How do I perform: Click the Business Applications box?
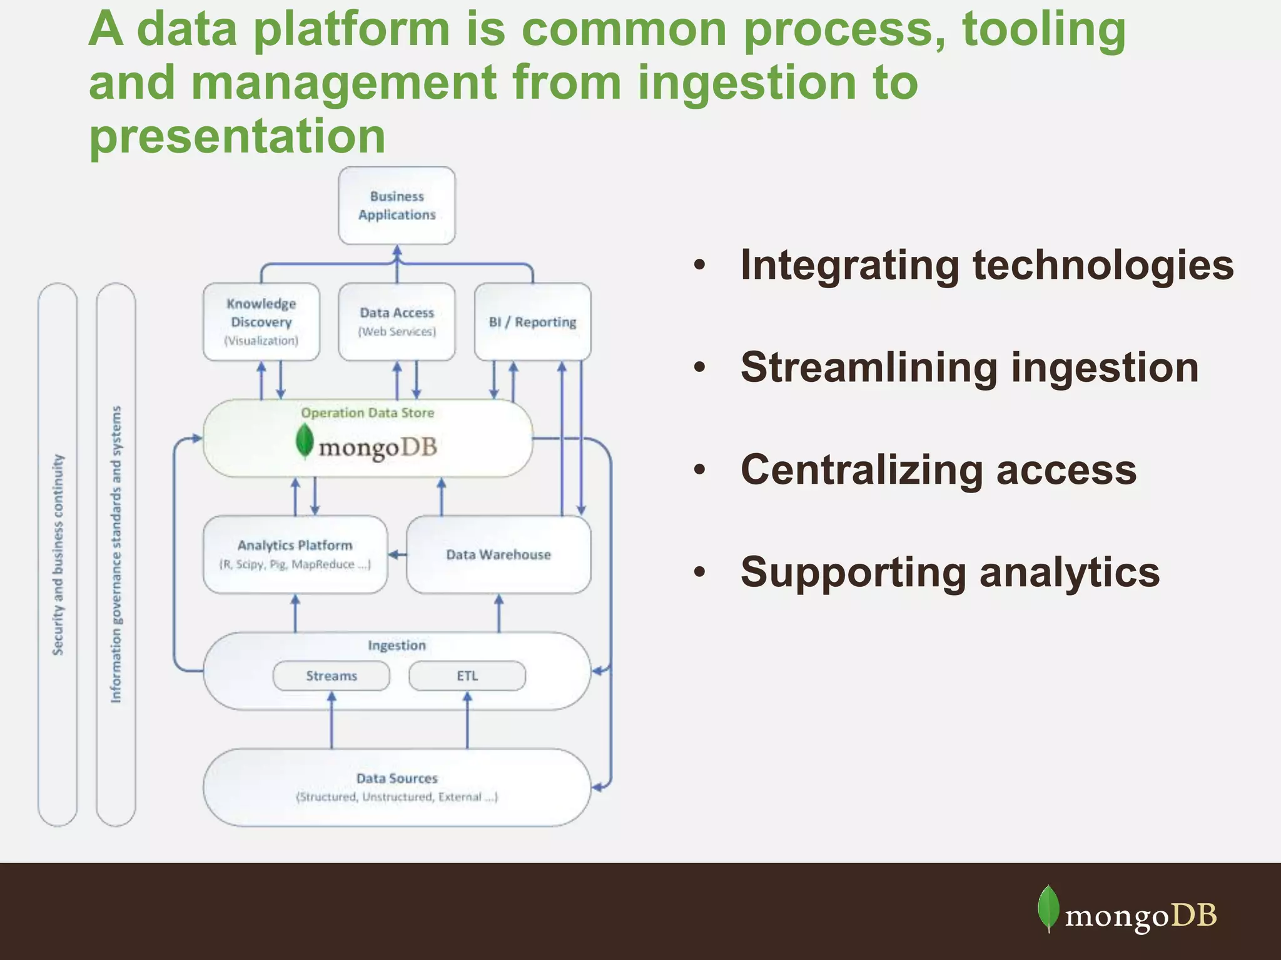(x=397, y=206)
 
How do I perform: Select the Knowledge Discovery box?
(x=261, y=322)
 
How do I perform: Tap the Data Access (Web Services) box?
(x=397, y=322)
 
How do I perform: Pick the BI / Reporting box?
(x=532, y=322)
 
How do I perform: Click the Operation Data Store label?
(x=367, y=413)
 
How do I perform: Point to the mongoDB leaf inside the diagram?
(x=304, y=441)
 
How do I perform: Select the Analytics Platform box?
(x=295, y=554)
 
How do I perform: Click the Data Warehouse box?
(x=499, y=554)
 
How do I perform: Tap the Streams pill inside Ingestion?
(x=331, y=676)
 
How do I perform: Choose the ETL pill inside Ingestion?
(x=467, y=676)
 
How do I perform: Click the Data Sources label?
(x=397, y=779)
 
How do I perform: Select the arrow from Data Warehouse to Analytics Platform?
(x=397, y=554)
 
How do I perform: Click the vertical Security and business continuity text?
(x=58, y=555)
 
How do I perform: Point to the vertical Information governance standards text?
(x=116, y=555)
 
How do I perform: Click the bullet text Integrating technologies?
(x=986, y=265)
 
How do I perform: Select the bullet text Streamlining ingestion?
(x=969, y=367)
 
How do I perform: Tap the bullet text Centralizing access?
(x=938, y=470)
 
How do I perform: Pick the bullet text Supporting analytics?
(x=949, y=572)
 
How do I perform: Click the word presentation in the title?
(x=237, y=136)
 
